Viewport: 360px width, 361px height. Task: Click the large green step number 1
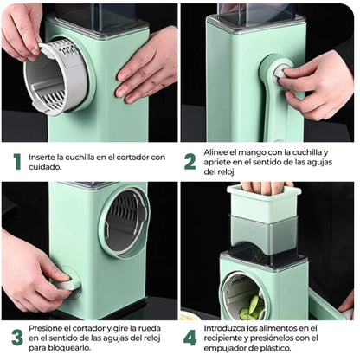(x=17, y=162)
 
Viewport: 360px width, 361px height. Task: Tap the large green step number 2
(x=190, y=162)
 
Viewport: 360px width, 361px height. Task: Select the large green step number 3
(x=17, y=338)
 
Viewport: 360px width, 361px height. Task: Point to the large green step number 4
(x=190, y=338)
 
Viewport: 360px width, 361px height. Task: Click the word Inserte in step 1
(x=42, y=158)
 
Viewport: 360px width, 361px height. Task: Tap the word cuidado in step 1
(x=45, y=167)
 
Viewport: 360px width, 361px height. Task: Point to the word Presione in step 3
(x=45, y=328)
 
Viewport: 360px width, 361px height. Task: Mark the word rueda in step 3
(x=150, y=328)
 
